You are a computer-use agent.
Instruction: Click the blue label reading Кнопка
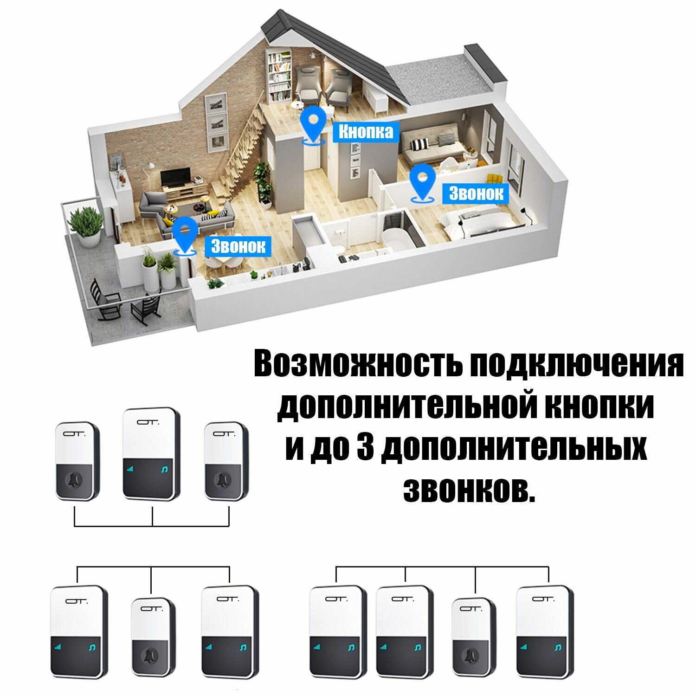point(366,132)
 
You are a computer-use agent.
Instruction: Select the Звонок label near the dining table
point(238,246)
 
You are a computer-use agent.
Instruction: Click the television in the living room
point(176,178)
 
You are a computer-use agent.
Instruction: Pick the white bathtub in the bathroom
point(397,238)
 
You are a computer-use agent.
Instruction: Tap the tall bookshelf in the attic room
point(279,77)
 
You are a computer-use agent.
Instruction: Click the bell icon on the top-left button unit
point(74,480)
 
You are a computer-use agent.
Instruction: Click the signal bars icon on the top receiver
point(129,470)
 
